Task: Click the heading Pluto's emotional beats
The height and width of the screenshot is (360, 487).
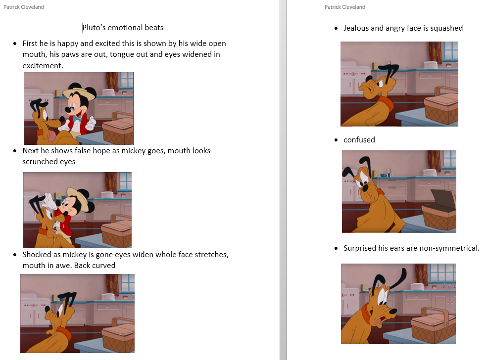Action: (x=123, y=28)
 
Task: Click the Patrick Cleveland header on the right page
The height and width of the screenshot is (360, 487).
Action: (x=345, y=7)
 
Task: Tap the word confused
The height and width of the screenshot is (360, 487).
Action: (x=359, y=140)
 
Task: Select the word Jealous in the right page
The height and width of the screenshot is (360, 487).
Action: (x=356, y=28)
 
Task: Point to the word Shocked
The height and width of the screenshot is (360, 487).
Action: (x=37, y=255)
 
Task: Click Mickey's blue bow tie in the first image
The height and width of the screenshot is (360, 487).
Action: (x=77, y=119)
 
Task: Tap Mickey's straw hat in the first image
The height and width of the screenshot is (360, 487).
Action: (x=78, y=92)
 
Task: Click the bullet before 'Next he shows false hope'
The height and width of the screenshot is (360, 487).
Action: (x=15, y=151)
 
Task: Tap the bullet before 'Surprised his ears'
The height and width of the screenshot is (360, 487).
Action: (x=337, y=248)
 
